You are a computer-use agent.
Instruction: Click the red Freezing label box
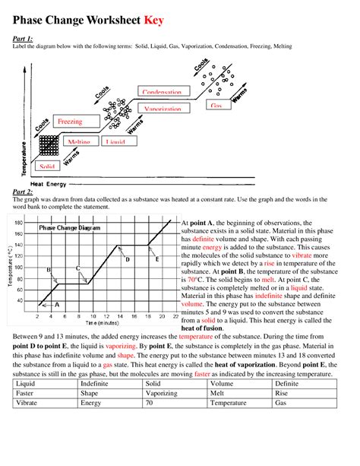70,121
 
